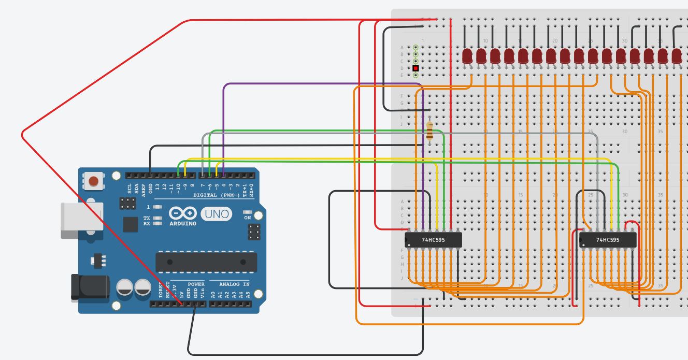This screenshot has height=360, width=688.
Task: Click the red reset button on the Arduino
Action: pos(93,181)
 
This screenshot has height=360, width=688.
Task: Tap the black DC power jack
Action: pos(89,287)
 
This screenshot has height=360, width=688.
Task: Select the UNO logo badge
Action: pos(216,214)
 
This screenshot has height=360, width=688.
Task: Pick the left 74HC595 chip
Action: pos(433,240)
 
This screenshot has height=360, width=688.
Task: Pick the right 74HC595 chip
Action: pos(608,240)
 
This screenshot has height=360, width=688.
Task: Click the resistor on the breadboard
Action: pos(429,131)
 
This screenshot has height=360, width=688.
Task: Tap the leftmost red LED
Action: pos(468,56)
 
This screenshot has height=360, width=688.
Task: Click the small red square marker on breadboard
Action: pos(415,68)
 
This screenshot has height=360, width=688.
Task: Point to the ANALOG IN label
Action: pos(234,284)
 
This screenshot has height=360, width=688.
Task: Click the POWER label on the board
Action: pos(196,284)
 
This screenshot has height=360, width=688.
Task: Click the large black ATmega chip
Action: pos(206,262)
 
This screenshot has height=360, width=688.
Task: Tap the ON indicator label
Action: pos(247,218)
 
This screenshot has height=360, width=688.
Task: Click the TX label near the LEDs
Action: pos(147,218)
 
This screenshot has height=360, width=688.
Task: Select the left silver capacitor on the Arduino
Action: pos(125,288)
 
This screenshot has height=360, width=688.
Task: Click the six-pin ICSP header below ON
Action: pos(254,232)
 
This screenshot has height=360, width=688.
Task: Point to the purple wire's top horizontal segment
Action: pos(321,83)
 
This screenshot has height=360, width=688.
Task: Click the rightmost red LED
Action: pos(677,56)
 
